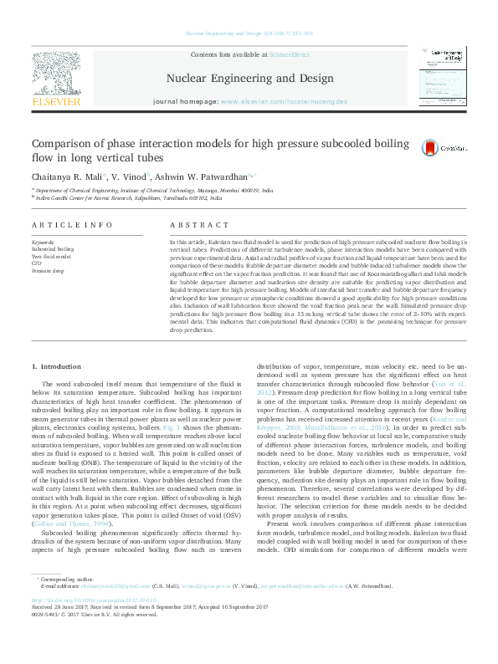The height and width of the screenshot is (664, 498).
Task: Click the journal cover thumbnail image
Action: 441,76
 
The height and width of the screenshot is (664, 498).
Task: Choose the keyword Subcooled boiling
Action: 52,249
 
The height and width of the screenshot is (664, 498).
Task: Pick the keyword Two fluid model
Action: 51,257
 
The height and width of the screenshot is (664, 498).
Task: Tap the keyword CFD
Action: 37,264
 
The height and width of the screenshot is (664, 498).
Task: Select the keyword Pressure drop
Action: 47,272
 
